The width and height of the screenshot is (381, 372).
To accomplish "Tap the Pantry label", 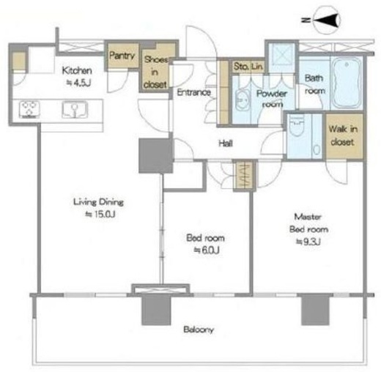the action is [x=122, y=56].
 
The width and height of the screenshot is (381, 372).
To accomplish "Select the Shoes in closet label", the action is [x=155, y=72].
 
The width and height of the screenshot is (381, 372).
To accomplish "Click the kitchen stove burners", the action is [x=29, y=109].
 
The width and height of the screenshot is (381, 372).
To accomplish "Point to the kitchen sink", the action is [x=75, y=110].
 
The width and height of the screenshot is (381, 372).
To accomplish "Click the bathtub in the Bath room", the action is [x=347, y=82].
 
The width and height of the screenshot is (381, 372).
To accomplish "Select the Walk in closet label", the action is [x=343, y=135].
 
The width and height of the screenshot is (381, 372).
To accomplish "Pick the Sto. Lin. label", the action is [x=248, y=66].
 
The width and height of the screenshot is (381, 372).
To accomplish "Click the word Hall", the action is [x=226, y=144].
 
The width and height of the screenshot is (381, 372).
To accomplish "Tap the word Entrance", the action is [x=193, y=92].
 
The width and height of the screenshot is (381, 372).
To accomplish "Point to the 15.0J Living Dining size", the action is [x=100, y=214].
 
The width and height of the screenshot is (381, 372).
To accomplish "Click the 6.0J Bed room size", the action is [x=207, y=250].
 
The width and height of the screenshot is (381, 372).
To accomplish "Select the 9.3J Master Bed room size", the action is [x=308, y=242].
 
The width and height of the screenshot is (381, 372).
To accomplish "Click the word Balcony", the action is [x=199, y=330].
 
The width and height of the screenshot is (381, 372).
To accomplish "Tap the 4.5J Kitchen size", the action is [x=79, y=83].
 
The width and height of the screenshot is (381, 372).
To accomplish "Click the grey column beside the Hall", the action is [x=155, y=156].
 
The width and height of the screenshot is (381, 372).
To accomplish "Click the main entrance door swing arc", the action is [x=207, y=34].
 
